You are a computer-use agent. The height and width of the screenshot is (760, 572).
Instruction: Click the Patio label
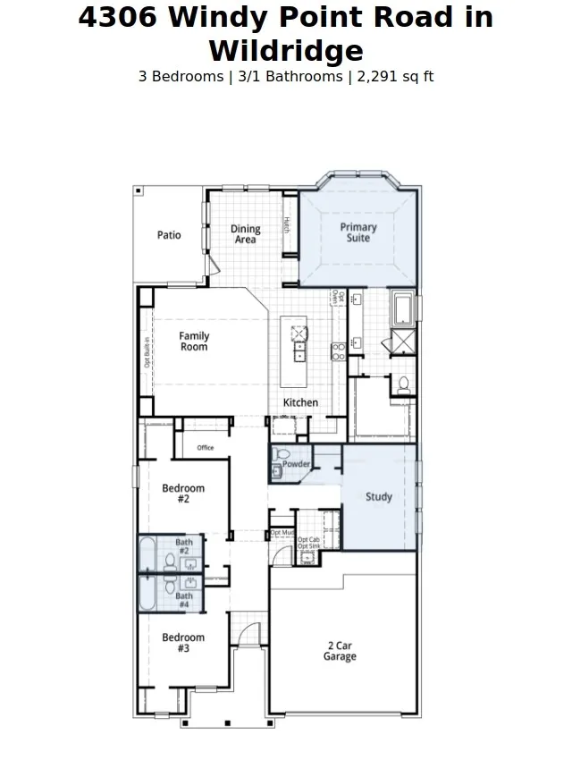point(169,235)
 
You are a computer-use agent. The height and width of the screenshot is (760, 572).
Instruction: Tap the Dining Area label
point(245,234)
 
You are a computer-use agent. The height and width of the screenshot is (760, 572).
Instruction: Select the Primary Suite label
point(358,232)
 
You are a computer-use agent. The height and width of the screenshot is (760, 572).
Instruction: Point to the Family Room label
point(194,342)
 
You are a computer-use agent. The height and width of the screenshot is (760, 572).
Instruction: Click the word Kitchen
point(300,402)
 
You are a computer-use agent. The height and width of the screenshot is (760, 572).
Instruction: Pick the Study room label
point(379,497)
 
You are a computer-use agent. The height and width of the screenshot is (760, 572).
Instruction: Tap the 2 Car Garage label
point(340,651)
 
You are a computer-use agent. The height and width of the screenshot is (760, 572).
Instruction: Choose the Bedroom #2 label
point(183,494)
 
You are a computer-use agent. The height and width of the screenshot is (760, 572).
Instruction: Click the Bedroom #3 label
point(183,643)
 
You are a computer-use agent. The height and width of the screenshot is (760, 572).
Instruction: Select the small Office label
point(206,447)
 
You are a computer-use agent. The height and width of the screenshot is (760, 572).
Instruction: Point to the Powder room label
point(297,464)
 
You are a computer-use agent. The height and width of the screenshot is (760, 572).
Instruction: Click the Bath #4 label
point(184,600)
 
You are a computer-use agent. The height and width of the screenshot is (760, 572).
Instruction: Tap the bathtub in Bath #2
point(148,553)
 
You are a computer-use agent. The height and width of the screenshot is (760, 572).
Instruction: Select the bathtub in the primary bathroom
point(403,309)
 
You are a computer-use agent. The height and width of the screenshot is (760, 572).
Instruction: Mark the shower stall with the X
point(402,342)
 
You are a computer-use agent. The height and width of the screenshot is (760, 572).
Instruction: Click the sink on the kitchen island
point(297,333)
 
